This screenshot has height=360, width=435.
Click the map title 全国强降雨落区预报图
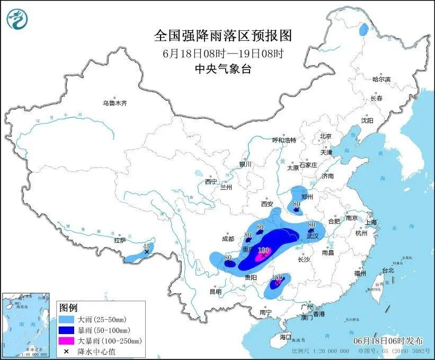click(223, 36)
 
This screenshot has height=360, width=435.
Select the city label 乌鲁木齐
click(115, 103)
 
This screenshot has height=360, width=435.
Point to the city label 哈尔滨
click(381, 79)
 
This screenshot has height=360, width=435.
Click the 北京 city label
click(325, 136)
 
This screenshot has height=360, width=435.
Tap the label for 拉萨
click(120, 240)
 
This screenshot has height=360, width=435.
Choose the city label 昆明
click(215, 291)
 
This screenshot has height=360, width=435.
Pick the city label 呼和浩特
click(284, 140)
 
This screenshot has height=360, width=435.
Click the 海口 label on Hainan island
click(286, 337)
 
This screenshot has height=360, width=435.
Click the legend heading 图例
click(68, 308)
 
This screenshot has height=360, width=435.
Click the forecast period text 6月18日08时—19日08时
click(223, 53)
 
